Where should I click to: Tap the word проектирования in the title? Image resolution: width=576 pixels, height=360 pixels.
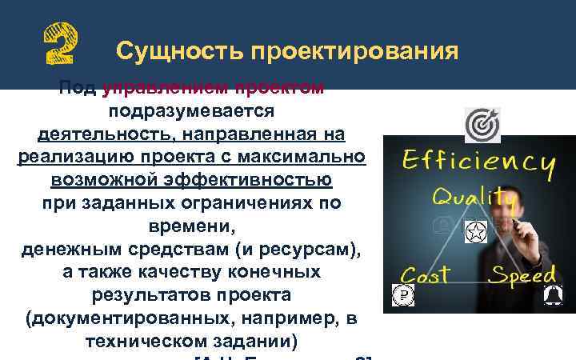tap(352, 51)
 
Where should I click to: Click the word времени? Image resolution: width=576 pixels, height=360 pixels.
tap(191, 226)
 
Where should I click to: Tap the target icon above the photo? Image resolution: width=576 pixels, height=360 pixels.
tap(482, 125)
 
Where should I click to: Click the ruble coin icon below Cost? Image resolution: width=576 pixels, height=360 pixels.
tap(404, 295)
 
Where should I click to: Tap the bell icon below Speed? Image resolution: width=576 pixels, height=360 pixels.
tap(550, 297)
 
